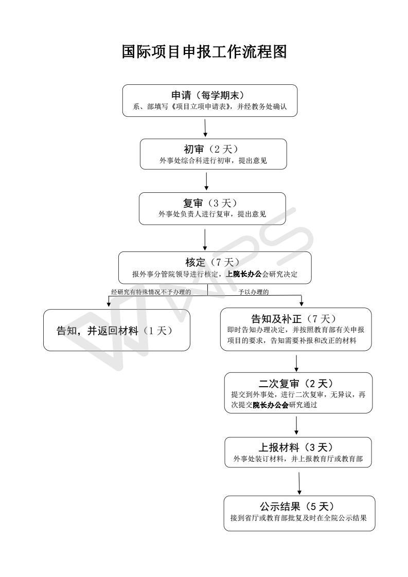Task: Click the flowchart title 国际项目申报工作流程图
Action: click(204, 52)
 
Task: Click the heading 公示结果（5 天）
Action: click(299, 506)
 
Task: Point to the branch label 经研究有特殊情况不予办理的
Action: click(151, 292)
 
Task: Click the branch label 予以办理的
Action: click(254, 292)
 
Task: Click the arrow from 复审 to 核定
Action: click(205, 240)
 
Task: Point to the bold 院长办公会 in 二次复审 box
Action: click(274, 405)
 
